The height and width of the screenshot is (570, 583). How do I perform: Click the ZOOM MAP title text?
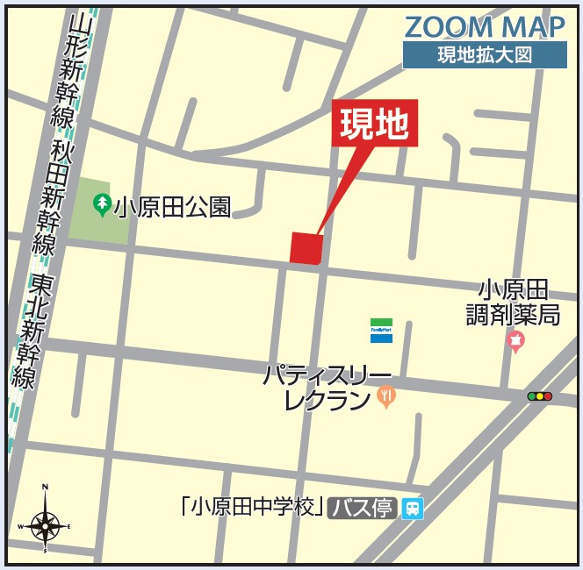(x=484, y=26)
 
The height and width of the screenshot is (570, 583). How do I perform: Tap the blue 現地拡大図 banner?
(x=484, y=54)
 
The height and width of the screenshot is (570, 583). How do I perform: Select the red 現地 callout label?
(x=375, y=125)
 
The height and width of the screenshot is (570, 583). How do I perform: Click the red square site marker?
(x=306, y=247)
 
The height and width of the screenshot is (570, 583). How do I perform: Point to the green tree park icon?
(x=103, y=206)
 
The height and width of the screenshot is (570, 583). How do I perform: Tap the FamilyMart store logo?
(x=381, y=330)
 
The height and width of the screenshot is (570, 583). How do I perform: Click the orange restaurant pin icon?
(x=386, y=397)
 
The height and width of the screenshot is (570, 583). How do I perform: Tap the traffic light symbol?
(x=539, y=396)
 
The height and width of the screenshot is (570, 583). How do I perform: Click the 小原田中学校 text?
(x=250, y=508)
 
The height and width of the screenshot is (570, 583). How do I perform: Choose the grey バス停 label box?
(x=361, y=508)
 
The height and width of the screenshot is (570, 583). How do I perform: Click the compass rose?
(x=45, y=525)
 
